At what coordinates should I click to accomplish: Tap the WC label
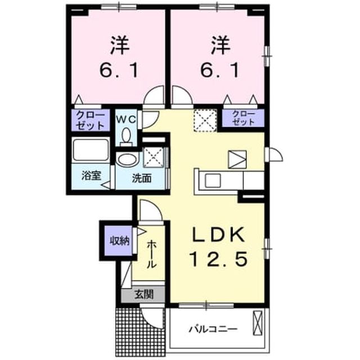coord(126,119)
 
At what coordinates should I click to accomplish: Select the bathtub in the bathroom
coord(91,150)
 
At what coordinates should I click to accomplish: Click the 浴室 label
coord(91,176)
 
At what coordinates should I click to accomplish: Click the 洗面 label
coord(141,178)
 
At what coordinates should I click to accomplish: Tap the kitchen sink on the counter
coord(213,180)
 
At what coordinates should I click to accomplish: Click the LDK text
coord(218,234)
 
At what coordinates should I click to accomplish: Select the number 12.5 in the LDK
coord(218,259)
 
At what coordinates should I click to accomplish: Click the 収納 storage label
coord(119,241)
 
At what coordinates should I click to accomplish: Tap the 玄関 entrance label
coord(144,294)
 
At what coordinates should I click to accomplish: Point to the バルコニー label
coord(213,330)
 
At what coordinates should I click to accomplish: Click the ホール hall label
coord(151,254)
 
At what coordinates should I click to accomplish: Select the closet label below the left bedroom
coord(90,120)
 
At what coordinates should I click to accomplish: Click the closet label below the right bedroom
coord(244,118)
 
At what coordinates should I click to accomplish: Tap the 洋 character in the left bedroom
coord(120,45)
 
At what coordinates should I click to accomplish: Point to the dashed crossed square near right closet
coord(205,120)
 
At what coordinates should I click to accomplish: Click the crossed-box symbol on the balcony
coord(257,323)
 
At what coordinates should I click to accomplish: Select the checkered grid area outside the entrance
coord(140,331)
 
